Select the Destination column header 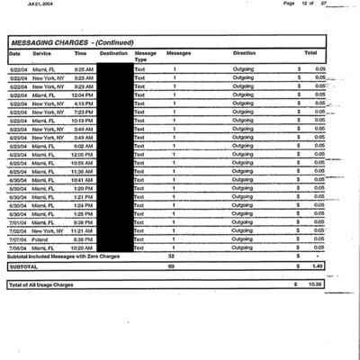(113, 54)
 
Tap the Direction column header (243, 54)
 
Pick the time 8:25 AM (84, 68)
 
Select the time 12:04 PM (83, 94)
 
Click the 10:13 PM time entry (83, 120)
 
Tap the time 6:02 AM (84, 145)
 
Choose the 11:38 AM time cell (83, 171)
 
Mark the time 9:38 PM (84, 221)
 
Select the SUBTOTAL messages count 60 (171, 266)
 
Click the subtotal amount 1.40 (315, 266)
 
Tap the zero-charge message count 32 (171, 256)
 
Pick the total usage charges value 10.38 (313, 284)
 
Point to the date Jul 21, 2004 (40, 4)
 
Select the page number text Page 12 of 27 (301, 4)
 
